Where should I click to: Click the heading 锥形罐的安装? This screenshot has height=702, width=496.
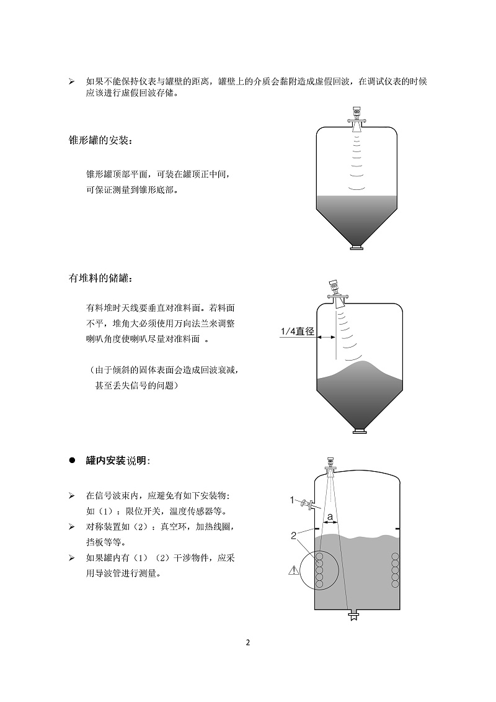coord(100,142)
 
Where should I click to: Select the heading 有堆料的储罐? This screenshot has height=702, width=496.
coord(100,279)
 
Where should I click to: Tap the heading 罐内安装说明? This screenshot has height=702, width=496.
coord(118,461)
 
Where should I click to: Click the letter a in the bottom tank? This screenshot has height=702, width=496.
coord(330,516)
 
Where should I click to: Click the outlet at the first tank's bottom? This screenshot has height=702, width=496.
coord(356,248)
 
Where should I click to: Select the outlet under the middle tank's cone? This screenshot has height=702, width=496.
coord(358,430)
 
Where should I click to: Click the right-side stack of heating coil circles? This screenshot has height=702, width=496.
coord(394,569)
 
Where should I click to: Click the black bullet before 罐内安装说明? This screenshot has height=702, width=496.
coord(71,461)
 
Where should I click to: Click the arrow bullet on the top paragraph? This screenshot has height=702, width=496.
coord(71,82)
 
